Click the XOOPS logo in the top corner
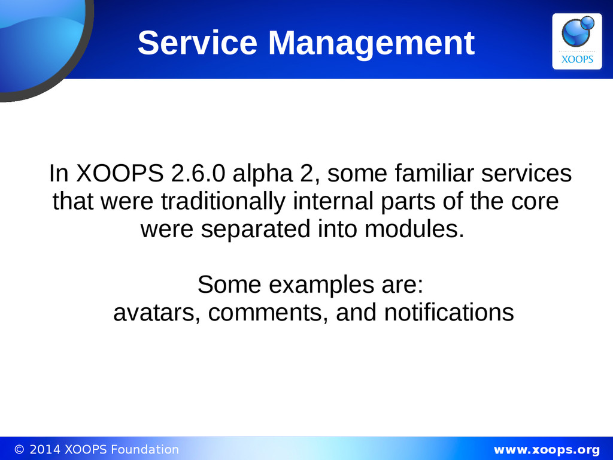click(x=576, y=41)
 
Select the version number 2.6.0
click(x=198, y=173)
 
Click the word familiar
click(x=434, y=173)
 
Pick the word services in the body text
click(x=526, y=173)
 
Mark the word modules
click(x=414, y=229)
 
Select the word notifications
click(x=449, y=313)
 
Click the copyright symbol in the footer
click(x=19, y=450)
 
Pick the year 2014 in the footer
click(x=45, y=449)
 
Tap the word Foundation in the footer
click(x=145, y=449)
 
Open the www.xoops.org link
click(x=547, y=450)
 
